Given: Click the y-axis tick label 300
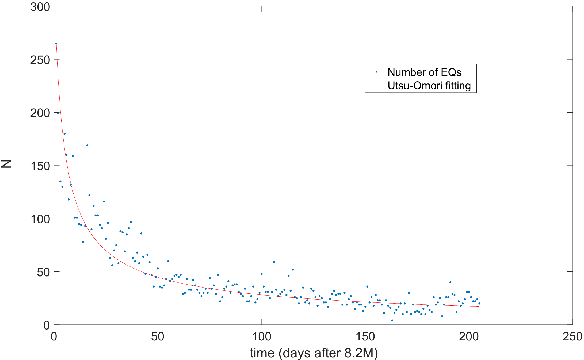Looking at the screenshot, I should point(40,7).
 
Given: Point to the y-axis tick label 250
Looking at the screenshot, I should point(40,60).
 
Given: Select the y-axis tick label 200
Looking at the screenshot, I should point(40,113).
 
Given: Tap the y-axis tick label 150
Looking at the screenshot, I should point(40,166).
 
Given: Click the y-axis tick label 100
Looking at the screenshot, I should point(40,219).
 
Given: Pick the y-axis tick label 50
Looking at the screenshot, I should point(43,272).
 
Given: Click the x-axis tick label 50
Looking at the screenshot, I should point(158,336).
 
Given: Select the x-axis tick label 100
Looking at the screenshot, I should point(261,336).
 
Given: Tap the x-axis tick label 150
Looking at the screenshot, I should point(365,336).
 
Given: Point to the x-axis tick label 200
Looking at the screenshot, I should point(469,336).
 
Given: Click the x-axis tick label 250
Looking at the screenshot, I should point(572,336).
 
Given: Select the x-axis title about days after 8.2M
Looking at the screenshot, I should point(314,353).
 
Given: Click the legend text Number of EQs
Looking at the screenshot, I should point(424,72).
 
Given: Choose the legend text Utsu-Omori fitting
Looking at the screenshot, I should point(429,86).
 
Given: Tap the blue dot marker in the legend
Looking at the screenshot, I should point(376,72).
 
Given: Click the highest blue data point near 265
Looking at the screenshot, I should point(56,43).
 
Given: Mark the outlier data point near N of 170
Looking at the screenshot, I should point(87,145).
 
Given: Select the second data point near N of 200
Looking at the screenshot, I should point(58,113).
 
